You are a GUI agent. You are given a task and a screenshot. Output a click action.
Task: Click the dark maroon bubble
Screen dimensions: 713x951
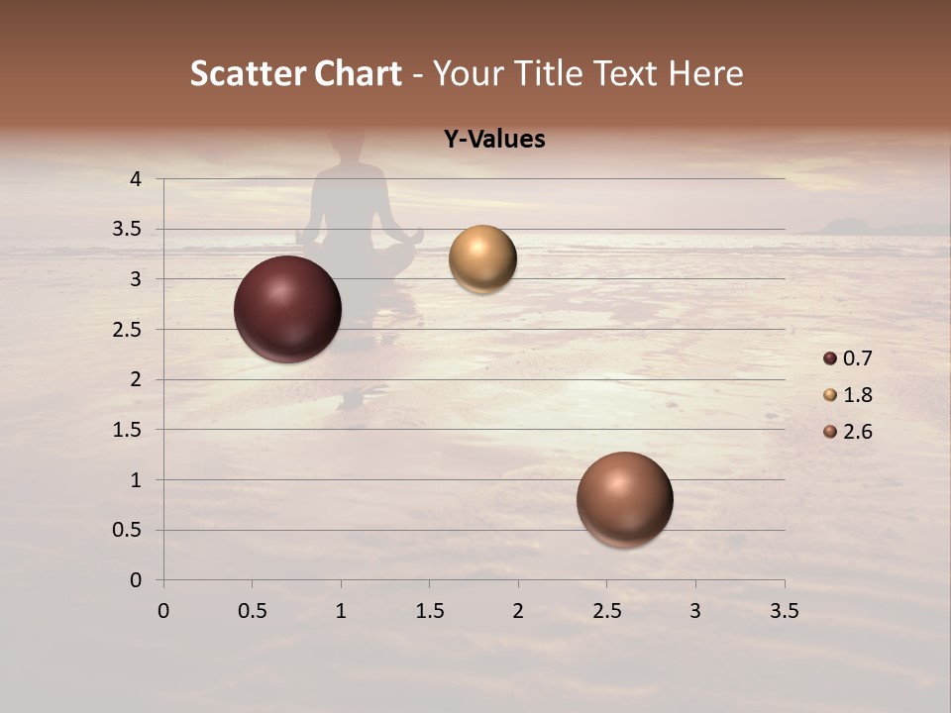[287, 309]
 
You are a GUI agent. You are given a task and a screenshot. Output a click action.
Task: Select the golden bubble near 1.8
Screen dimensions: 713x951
[482, 259]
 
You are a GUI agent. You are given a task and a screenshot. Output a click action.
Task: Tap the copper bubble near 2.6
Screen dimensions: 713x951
[624, 499]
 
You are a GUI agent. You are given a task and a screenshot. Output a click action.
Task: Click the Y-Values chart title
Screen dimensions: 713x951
[494, 140]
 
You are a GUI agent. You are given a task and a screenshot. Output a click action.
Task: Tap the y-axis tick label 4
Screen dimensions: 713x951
[136, 179]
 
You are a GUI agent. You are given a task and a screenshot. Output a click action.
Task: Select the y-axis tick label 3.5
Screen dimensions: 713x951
[129, 230]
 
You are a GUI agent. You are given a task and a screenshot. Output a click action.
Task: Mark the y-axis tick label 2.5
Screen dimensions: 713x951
[129, 330]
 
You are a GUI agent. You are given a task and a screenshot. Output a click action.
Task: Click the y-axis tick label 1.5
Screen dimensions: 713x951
[129, 430]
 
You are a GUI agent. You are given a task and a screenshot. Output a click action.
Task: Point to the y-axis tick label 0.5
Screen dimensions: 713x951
[129, 531]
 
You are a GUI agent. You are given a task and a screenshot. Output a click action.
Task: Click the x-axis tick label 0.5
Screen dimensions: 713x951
[252, 611]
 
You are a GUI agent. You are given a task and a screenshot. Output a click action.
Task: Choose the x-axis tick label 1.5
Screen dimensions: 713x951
[429, 611]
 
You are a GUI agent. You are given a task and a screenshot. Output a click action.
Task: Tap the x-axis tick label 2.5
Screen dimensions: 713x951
[606, 611]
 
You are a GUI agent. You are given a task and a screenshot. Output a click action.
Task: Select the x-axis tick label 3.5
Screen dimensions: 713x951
[784, 611]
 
